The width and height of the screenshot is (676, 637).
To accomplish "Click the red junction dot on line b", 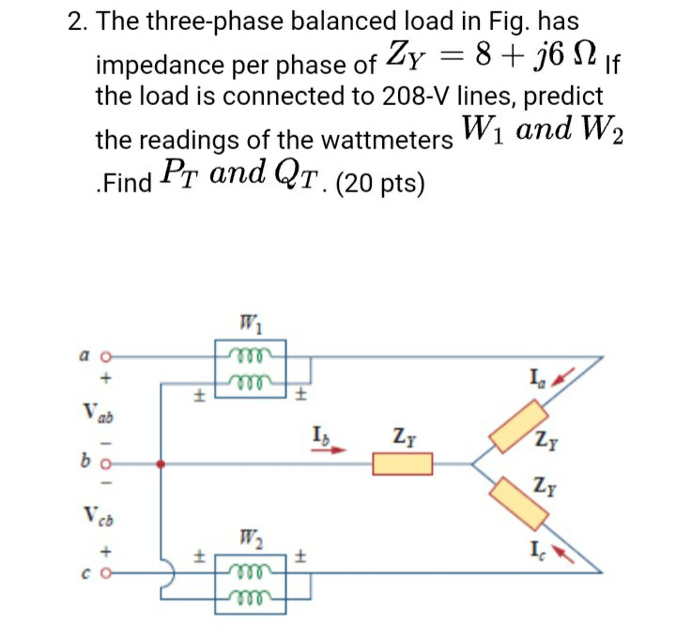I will (x=162, y=463).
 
